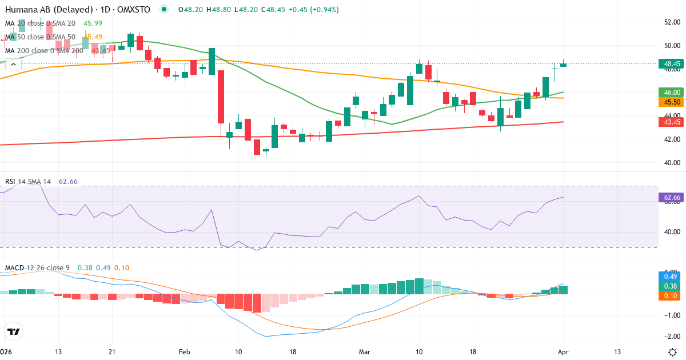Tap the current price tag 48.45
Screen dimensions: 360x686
669,64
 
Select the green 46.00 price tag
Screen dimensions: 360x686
669,92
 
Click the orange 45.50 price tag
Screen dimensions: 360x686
669,102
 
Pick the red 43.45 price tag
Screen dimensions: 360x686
669,122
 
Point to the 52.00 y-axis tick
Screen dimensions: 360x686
672,22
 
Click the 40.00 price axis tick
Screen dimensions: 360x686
672,163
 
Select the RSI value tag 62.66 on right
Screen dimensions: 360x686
669,198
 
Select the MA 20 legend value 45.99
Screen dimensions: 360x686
93,23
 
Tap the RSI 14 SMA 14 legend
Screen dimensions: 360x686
28,182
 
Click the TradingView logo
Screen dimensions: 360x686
14,331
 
